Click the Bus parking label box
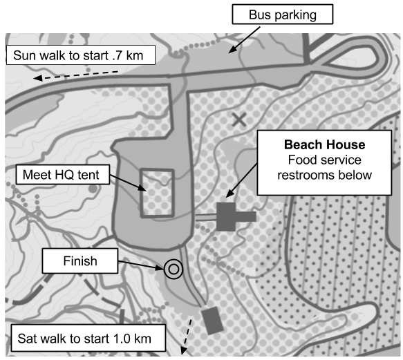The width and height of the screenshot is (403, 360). coord(283,15)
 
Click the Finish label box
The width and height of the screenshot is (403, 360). coord(80,260)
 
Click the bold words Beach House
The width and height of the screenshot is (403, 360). coord(325,144)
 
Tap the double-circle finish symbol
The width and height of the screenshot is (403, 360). coord(174,269)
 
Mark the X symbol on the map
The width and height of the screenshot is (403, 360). coord(239,120)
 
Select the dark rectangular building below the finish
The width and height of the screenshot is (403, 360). coord(212,321)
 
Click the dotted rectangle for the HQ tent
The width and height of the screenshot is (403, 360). coord(157,193)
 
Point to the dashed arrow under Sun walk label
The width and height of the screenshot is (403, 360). coord(75,75)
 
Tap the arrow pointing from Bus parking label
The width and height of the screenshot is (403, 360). coord(244,40)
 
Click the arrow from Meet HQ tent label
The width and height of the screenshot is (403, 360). coord(128,183)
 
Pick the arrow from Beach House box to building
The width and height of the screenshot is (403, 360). coord(241,180)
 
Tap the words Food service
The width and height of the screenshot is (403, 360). coord(325,160)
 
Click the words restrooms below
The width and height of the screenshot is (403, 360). coord(325,176)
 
